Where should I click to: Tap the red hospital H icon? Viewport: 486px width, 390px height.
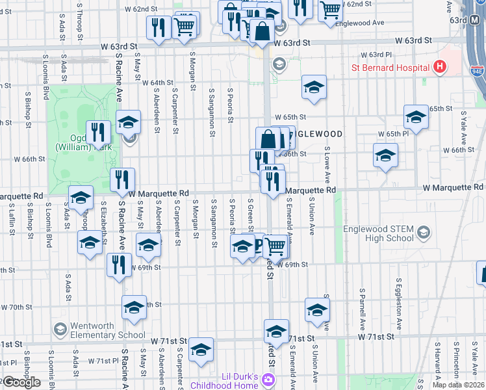[x=440, y=66]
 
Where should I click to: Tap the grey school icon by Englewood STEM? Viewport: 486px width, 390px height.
[x=424, y=232]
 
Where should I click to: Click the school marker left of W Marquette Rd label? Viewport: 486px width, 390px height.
[x=81, y=197]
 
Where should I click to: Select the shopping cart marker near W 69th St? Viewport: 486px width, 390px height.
[x=276, y=245]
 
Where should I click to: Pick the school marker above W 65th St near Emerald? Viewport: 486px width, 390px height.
[x=313, y=88]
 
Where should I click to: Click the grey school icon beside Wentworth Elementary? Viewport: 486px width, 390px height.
[x=60, y=330]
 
